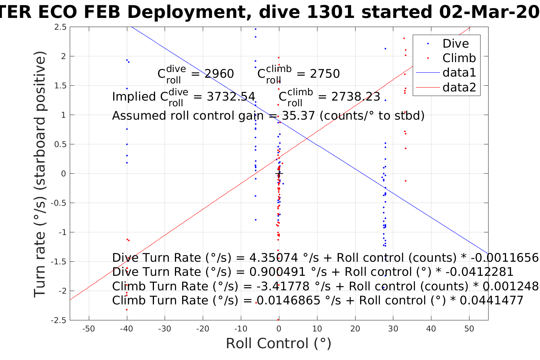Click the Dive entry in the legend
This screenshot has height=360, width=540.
point(455,43)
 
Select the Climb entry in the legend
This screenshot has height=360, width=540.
point(459,58)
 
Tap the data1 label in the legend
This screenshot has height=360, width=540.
point(459,73)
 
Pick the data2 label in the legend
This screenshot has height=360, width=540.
point(459,87)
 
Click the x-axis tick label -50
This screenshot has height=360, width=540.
point(88,329)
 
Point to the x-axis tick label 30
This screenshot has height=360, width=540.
point(393,329)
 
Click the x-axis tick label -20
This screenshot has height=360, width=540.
point(203,329)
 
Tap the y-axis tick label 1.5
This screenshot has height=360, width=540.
point(60,86)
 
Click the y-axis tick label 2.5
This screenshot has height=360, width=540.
point(60,27)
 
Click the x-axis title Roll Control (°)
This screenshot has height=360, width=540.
point(279,344)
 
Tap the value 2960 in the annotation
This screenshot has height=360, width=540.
point(219,74)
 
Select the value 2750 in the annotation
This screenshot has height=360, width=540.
point(325,74)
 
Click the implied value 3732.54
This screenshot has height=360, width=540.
point(231,97)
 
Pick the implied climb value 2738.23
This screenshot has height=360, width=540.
point(356,97)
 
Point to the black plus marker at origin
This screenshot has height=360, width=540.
point(279,174)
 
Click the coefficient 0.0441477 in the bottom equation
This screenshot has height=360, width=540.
point(492,301)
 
